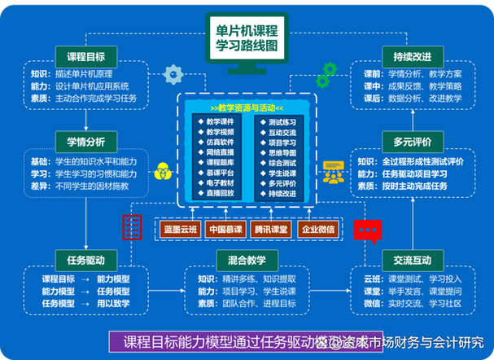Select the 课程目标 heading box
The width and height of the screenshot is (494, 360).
85,56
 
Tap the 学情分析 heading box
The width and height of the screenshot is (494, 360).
85,140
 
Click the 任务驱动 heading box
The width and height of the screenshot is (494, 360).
85,260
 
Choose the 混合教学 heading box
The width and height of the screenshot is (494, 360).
247,260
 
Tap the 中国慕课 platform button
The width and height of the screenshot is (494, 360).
223,229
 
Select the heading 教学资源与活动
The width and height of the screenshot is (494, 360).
247,108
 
